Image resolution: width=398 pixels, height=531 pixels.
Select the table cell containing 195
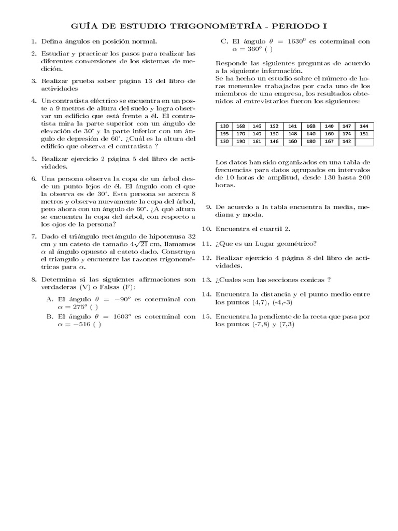point(224,133)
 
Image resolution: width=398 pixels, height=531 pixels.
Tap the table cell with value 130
point(224,126)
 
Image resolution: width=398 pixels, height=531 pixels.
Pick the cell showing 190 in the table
point(241,141)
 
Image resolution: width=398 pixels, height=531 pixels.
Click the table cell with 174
point(347,133)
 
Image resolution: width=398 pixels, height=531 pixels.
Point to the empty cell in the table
point(363,141)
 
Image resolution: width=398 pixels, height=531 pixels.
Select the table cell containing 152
point(274,126)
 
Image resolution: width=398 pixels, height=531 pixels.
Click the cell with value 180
point(311,141)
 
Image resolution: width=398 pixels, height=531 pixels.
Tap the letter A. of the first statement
point(50,299)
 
